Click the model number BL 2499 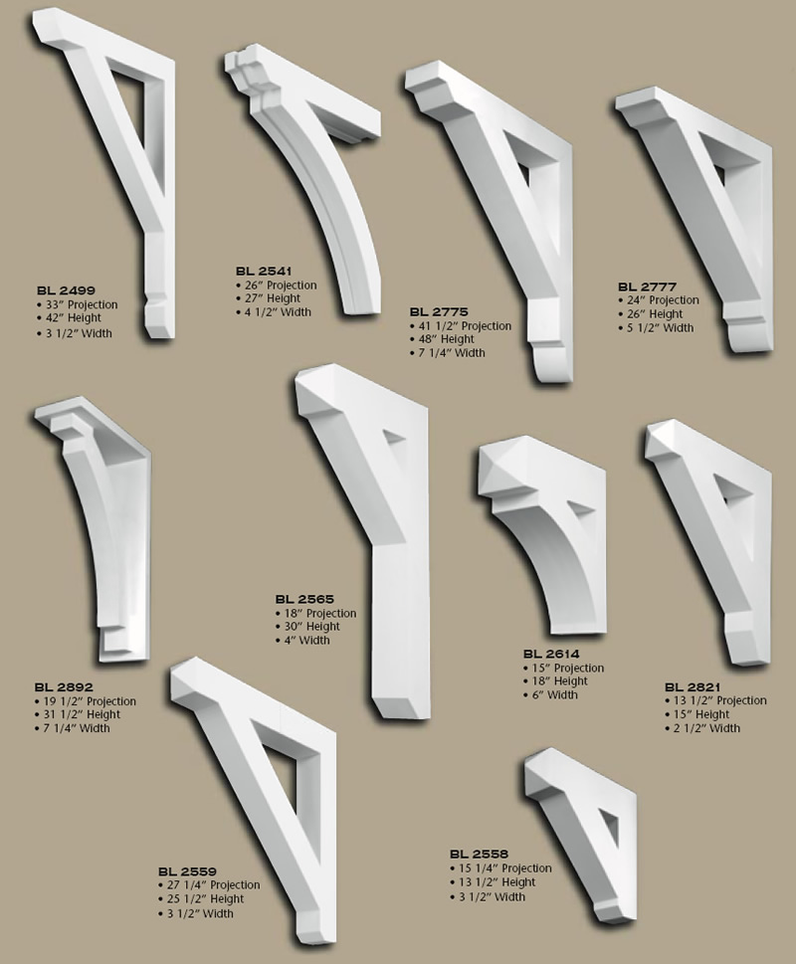[66, 290]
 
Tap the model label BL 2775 [439, 311]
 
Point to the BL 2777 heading [647, 287]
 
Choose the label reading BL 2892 [64, 687]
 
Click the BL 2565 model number [304, 599]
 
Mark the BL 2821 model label [694, 686]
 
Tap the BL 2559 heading [187, 870]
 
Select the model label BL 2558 [479, 854]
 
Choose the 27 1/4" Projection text [212, 885]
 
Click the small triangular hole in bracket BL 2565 [394, 438]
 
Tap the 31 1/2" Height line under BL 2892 [79, 714]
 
